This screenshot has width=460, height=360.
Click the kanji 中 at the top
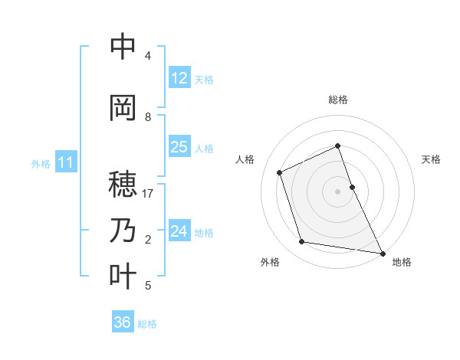(x=123, y=47)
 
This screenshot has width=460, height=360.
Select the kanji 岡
(x=123, y=108)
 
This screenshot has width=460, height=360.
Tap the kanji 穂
(x=123, y=185)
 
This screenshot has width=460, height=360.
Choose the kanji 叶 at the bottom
(x=123, y=277)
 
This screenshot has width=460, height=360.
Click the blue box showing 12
(x=179, y=78)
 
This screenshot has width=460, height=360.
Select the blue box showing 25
(x=179, y=147)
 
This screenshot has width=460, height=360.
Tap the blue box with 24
(x=179, y=231)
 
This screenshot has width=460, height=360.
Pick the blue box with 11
(x=66, y=162)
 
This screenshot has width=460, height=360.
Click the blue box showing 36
(x=123, y=322)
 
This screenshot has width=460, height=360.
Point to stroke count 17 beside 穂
(x=149, y=194)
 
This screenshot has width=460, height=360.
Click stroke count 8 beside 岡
(x=148, y=117)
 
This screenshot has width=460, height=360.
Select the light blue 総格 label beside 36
(x=147, y=324)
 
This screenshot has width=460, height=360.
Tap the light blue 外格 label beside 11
(x=41, y=163)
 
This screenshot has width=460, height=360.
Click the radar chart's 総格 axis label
(x=338, y=100)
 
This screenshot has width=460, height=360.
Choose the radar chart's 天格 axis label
(x=432, y=159)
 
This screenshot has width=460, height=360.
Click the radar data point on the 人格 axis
(x=280, y=172)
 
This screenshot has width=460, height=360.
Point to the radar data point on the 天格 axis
(x=352, y=187)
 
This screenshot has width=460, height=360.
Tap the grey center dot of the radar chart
(x=338, y=191)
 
